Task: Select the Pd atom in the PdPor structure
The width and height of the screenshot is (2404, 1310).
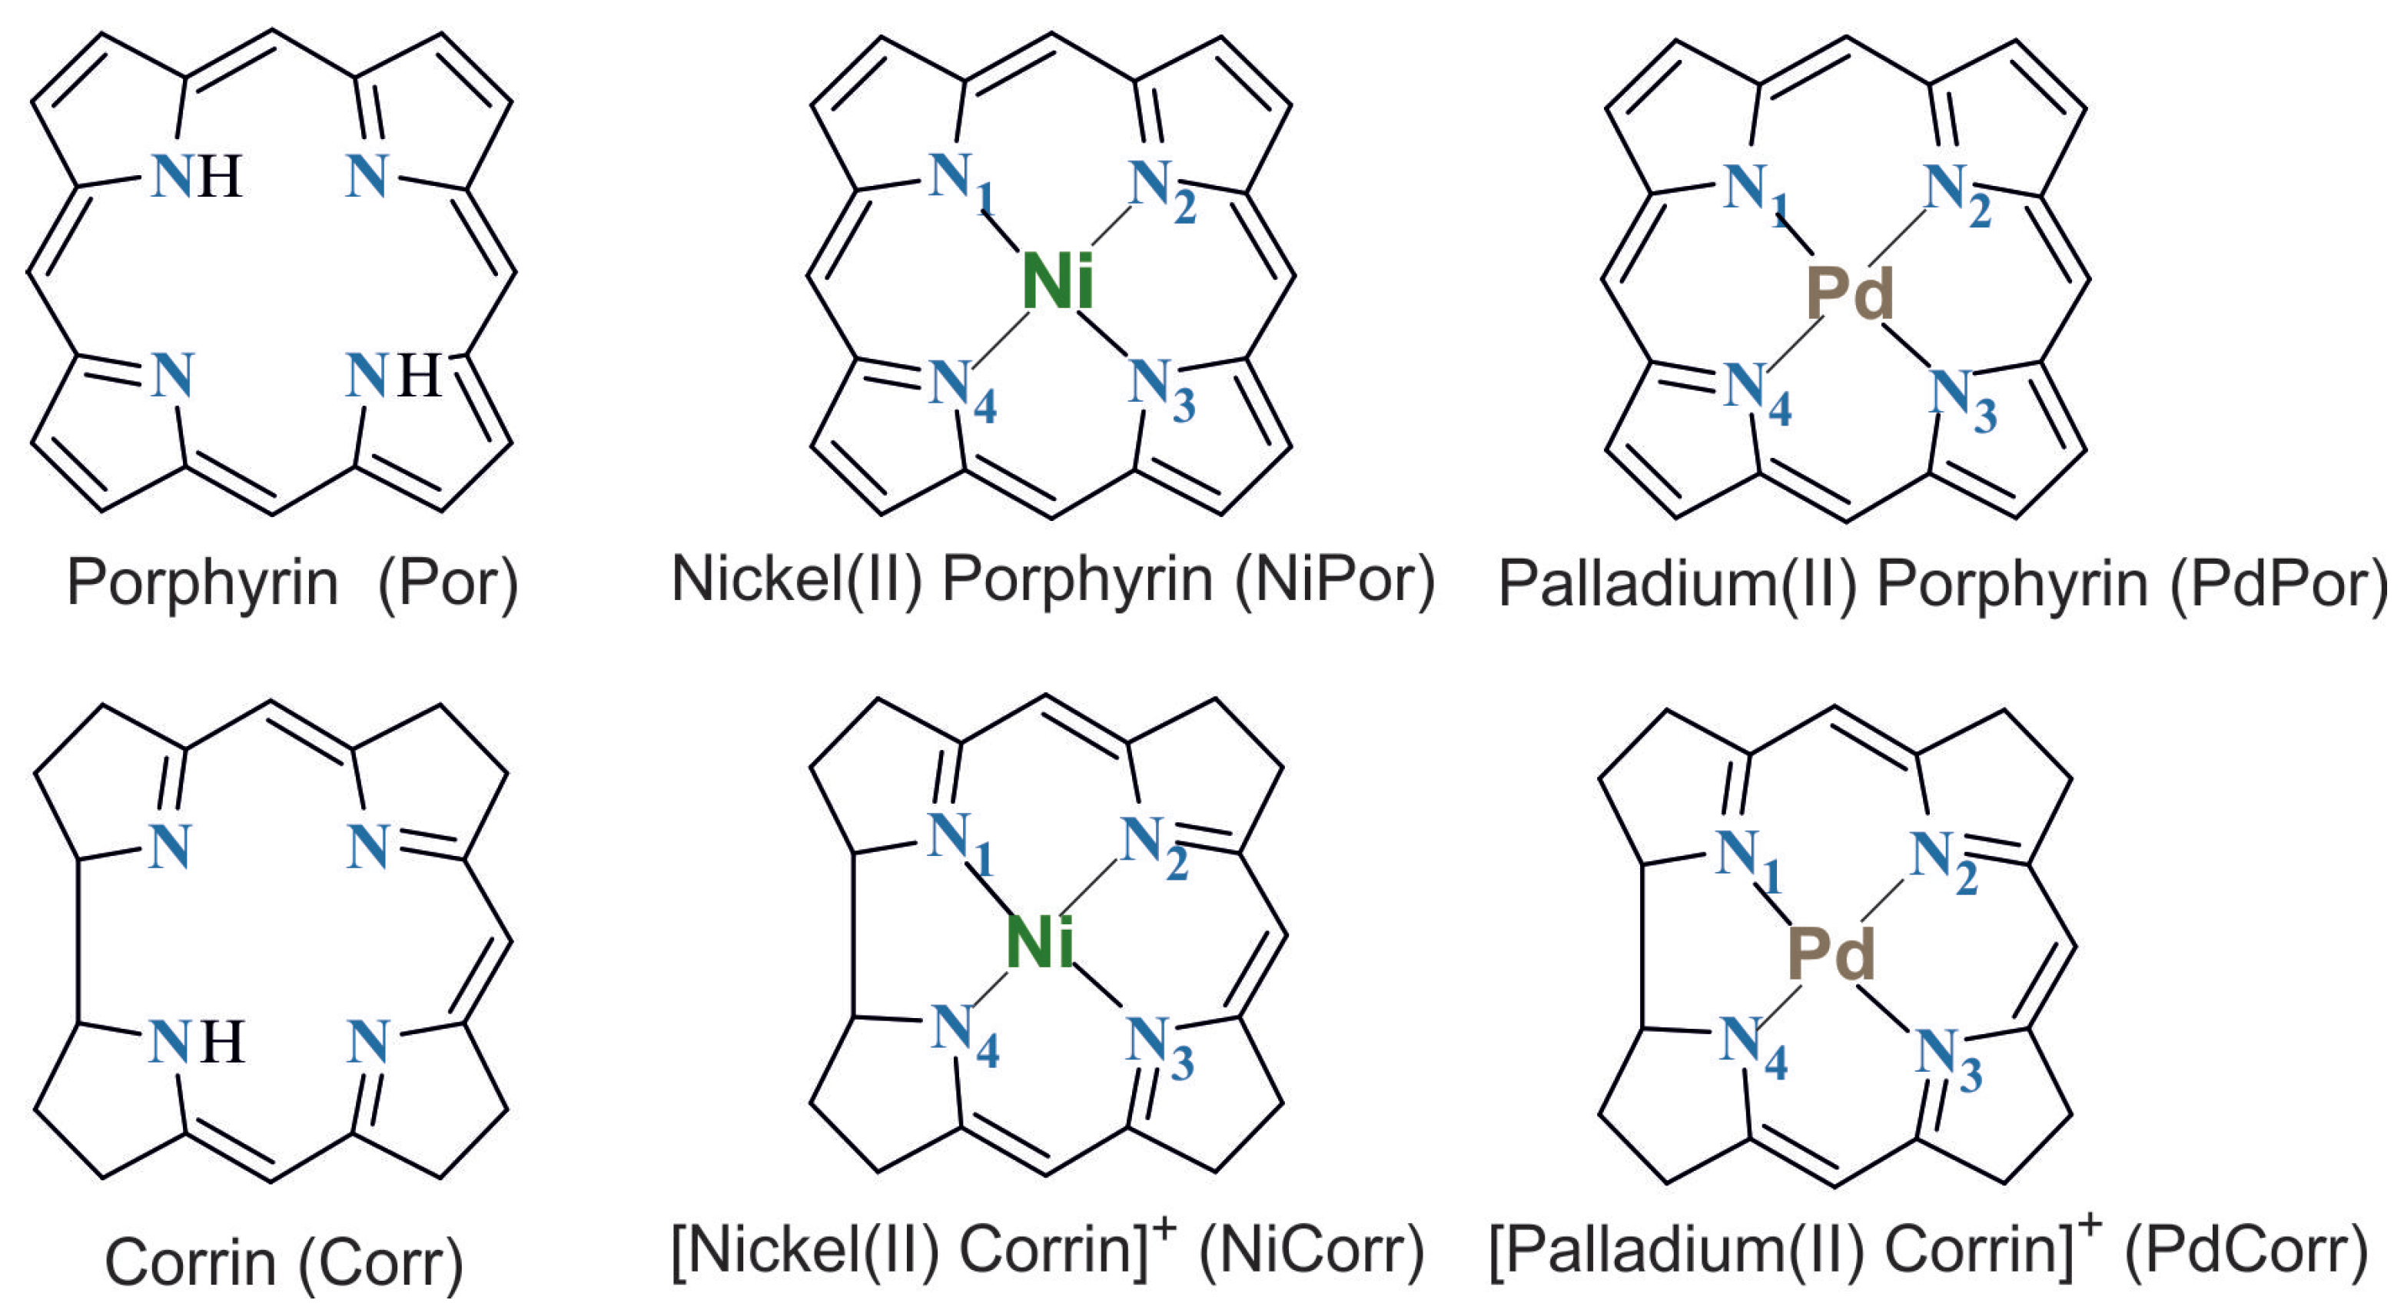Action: (1849, 294)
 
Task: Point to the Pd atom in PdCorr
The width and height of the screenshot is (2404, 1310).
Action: (1830, 953)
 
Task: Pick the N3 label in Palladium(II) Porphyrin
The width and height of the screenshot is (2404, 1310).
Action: (1960, 396)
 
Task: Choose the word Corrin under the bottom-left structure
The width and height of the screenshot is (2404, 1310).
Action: (191, 1264)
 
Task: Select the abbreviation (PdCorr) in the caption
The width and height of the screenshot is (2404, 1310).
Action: (2247, 1250)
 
